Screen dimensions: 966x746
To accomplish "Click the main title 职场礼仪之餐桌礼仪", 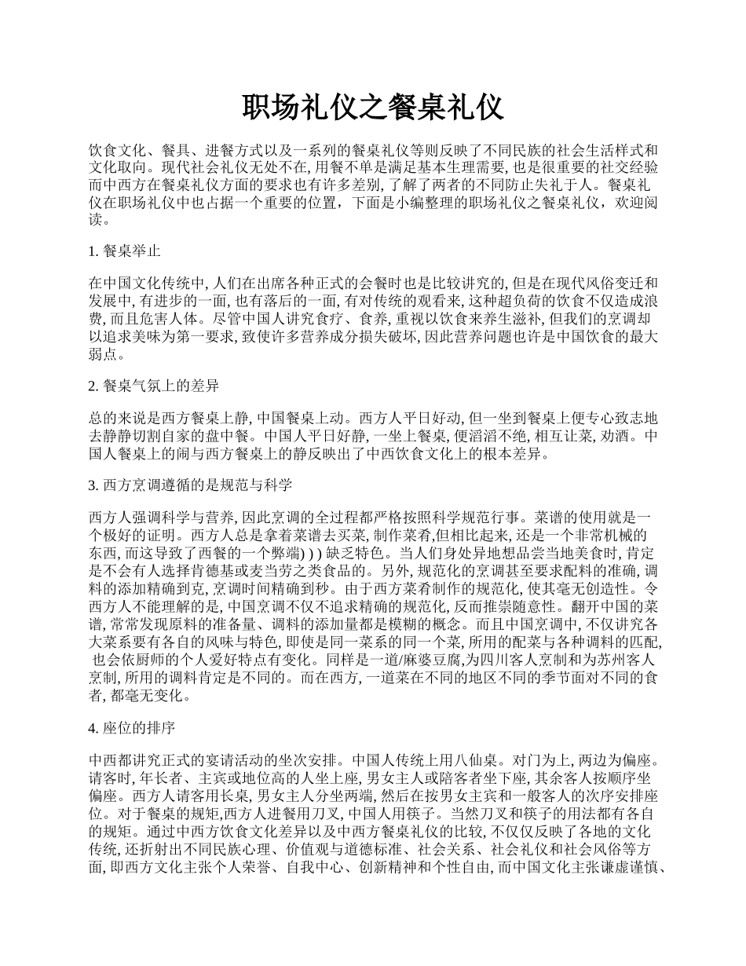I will pyautogui.click(x=372, y=108).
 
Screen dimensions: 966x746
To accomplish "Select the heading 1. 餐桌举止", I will pyautogui.click(x=125, y=251).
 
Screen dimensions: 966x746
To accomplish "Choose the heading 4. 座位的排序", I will pyautogui.click(x=132, y=728).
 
